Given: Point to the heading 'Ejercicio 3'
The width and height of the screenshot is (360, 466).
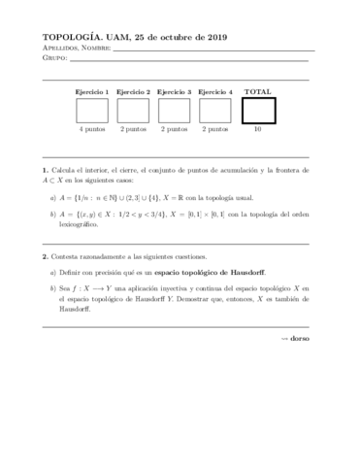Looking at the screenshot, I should (174, 91).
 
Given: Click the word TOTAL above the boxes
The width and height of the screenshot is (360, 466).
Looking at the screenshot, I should (258, 91).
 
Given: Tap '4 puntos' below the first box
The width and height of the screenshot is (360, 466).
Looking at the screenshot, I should (92, 128).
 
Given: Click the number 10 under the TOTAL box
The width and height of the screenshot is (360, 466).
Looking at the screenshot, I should (257, 128).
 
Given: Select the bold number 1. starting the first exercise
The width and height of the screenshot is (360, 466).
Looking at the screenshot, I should (46, 169).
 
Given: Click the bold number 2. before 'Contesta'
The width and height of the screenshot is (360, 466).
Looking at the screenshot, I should (46, 256).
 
